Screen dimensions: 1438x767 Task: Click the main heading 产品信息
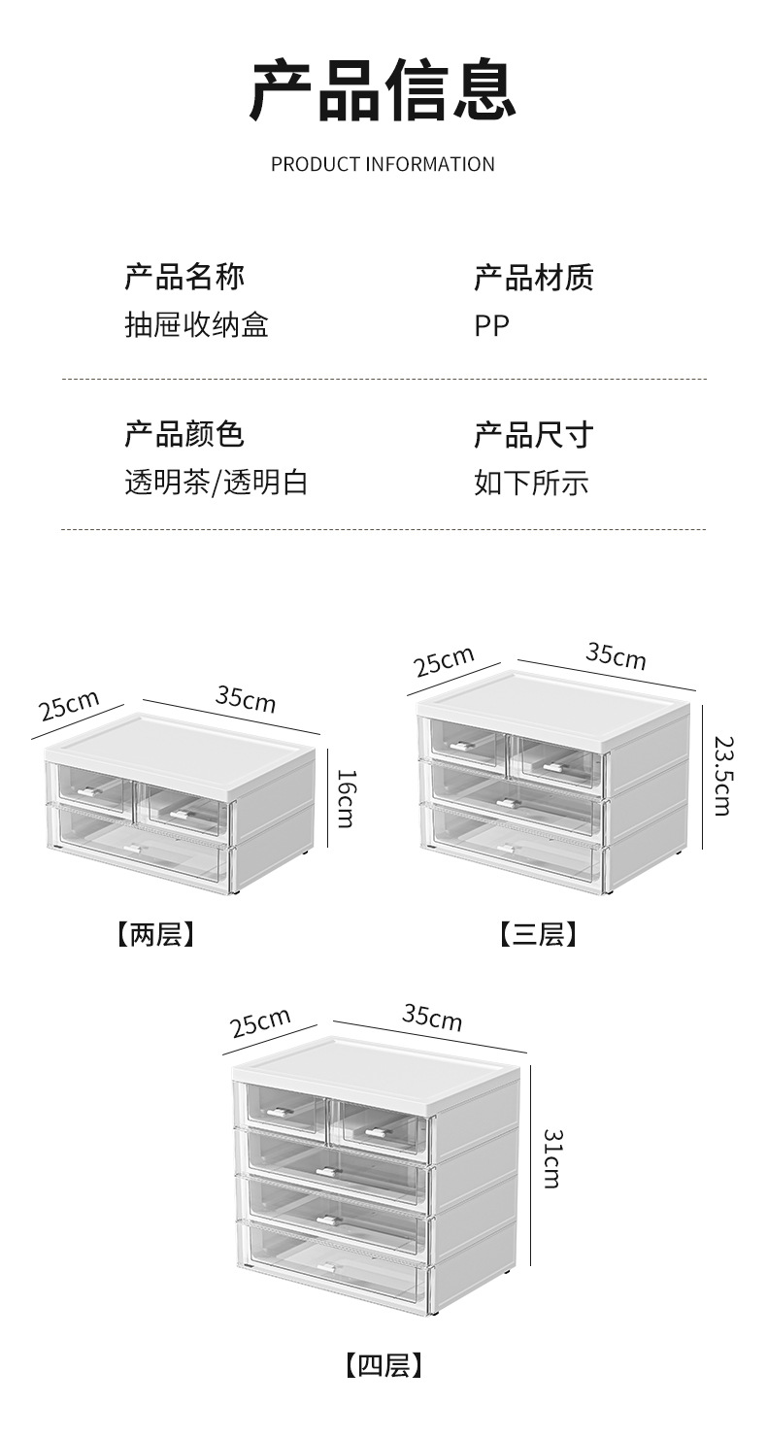click(383, 91)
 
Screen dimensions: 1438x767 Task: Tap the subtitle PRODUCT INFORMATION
click(383, 164)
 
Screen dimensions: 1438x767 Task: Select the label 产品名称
click(183, 278)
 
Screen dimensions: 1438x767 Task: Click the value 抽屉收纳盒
click(196, 324)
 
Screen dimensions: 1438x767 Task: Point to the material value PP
click(491, 325)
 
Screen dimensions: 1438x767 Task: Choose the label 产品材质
click(533, 278)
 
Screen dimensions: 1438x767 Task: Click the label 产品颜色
click(183, 433)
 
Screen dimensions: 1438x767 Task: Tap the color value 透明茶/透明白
click(216, 482)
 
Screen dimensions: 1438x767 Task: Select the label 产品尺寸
click(533, 434)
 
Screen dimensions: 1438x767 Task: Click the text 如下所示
click(531, 483)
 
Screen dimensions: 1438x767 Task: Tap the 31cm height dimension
click(550, 1157)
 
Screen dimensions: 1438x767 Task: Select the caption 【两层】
click(155, 935)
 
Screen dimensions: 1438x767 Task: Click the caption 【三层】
click(538, 935)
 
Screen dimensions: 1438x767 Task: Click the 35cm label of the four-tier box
click(432, 1018)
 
